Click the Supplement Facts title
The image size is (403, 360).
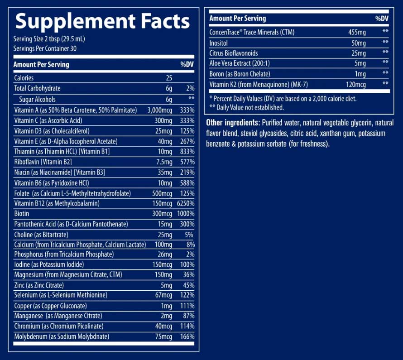(x=103, y=21)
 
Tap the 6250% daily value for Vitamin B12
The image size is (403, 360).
(x=185, y=203)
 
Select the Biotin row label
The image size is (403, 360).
(x=22, y=214)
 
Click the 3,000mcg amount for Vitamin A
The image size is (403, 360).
(x=160, y=110)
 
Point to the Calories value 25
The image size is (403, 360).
(x=169, y=78)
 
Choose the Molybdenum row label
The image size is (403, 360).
(x=62, y=336)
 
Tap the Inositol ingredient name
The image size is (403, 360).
(x=219, y=43)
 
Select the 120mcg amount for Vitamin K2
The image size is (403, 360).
(x=355, y=84)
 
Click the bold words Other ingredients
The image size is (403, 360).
(x=233, y=123)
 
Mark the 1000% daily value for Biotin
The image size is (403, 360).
(x=186, y=214)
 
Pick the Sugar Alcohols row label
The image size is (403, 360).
(x=37, y=99)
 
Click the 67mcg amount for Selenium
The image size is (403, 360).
(x=163, y=295)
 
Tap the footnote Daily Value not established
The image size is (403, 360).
(x=246, y=107)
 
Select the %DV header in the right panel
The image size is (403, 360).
(x=382, y=19)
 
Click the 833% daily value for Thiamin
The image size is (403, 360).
(x=187, y=151)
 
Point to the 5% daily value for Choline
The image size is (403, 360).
(x=188, y=235)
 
